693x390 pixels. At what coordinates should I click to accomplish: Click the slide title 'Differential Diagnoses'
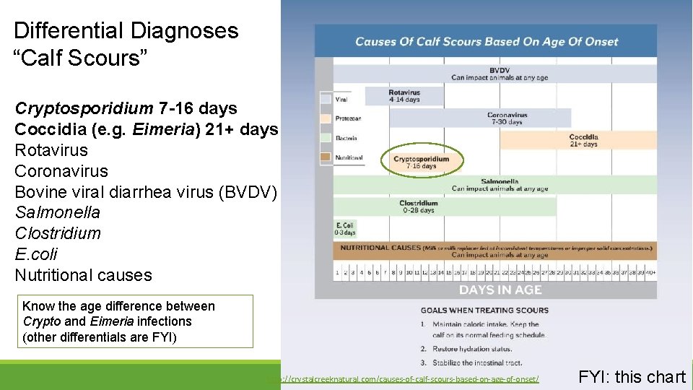tap(126, 30)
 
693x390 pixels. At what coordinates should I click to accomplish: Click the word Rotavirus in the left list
tap(51, 150)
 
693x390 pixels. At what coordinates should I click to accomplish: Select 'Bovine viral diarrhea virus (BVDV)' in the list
tap(145, 192)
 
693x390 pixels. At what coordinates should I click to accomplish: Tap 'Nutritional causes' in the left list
tap(83, 275)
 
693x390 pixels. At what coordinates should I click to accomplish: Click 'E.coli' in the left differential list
tap(36, 254)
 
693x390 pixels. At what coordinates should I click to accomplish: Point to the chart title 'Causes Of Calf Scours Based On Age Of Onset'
tap(487, 41)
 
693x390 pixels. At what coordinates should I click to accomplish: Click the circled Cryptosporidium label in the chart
tap(422, 162)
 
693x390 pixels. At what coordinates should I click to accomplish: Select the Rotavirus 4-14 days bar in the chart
tap(404, 96)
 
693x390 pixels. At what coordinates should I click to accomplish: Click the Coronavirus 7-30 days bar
tap(507, 118)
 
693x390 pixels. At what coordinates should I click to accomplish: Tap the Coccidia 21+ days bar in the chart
tap(583, 140)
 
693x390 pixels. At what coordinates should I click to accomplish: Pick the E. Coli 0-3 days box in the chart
tap(344, 229)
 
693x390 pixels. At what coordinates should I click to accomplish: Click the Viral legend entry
tap(342, 100)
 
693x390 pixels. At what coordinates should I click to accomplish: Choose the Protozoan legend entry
tap(346, 118)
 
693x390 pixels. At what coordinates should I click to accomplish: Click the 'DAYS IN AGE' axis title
tap(500, 290)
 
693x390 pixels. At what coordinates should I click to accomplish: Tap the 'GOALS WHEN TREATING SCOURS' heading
tap(484, 311)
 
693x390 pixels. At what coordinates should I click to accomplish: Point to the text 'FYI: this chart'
tap(632, 376)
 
